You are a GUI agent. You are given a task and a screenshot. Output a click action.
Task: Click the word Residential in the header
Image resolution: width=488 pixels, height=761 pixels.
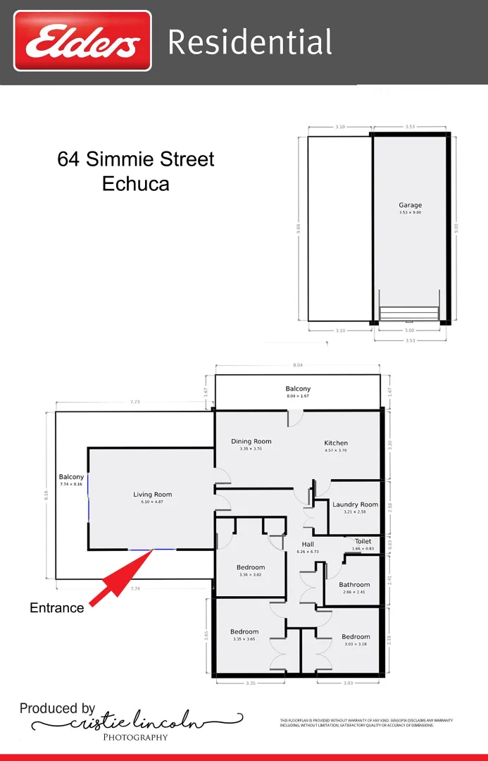pyautogui.click(x=249, y=42)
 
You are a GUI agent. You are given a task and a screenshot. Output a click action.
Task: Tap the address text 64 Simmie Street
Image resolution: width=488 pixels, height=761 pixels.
pyautogui.click(x=136, y=159)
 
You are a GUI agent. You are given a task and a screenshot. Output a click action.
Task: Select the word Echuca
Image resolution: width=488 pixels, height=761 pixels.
pyautogui.click(x=136, y=184)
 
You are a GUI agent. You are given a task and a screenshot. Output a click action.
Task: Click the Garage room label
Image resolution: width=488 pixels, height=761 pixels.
pyautogui.click(x=410, y=206)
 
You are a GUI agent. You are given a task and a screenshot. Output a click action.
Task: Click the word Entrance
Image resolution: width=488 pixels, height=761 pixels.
pyautogui.click(x=56, y=607)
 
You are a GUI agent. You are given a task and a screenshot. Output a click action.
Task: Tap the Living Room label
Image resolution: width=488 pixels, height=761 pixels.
pyautogui.click(x=152, y=495)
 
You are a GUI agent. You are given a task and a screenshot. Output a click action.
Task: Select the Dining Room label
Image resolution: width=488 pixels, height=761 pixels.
pyautogui.click(x=251, y=442)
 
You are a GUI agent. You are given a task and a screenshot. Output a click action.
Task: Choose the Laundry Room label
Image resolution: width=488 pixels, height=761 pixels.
pyautogui.click(x=355, y=505)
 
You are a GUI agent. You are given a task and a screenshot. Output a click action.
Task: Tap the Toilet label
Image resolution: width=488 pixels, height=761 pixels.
pyautogui.click(x=363, y=542)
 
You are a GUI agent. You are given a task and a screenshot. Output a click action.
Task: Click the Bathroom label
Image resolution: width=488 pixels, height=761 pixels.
pyautogui.click(x=354, y=585)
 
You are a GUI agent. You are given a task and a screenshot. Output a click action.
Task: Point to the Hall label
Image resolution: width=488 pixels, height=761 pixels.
pyautogui.click(x=308, y=545)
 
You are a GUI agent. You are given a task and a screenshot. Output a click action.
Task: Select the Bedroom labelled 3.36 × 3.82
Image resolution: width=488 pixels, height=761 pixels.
pyautogui.click(x=251, y=567)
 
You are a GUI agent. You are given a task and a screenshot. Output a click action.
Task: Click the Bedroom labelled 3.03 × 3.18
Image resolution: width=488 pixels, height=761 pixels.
pyautogui.click(x=356, y=637)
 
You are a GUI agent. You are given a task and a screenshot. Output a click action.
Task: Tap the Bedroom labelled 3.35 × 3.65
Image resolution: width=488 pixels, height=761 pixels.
pyautogui.click(x=244, y=631)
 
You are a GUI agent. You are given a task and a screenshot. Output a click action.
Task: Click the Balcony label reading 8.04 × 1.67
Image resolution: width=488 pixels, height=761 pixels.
pyautogui.click(x=298, y=389)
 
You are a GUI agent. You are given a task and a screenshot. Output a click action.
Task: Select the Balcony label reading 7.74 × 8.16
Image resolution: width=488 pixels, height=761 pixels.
pyautogui.click(x=71, y=477)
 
